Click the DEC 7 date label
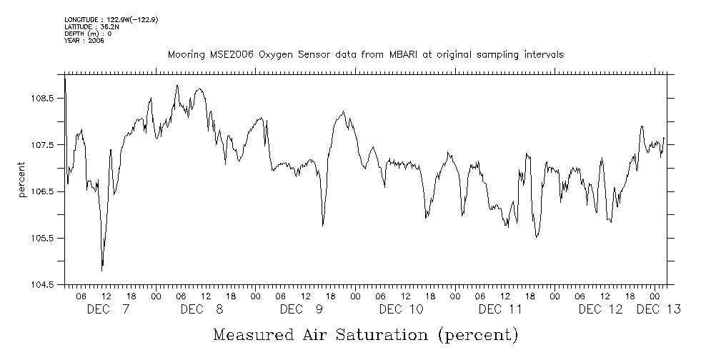click(108, 309)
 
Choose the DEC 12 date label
click(600, 309)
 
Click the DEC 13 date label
click(658, 309)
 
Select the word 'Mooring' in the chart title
click(186, 54)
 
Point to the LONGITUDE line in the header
click(111, 19)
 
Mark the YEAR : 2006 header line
click(84, 41)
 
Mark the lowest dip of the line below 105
click(102, 270)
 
